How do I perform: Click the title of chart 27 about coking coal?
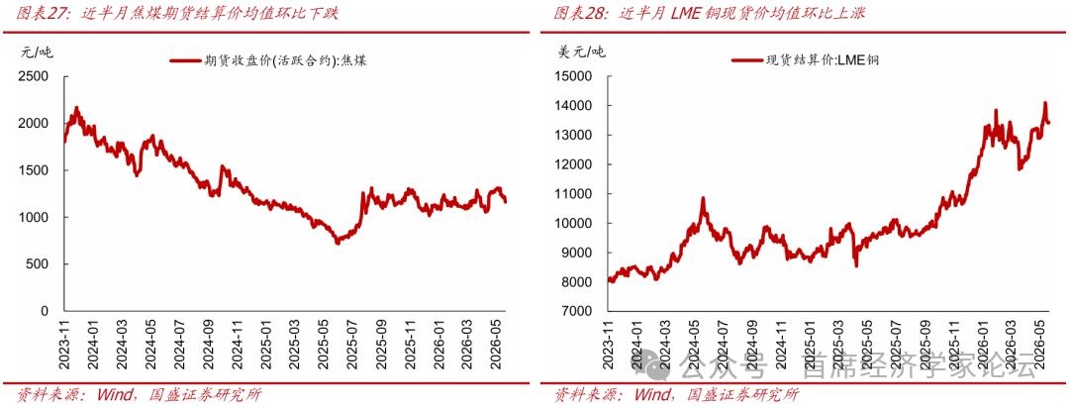coord(177,13)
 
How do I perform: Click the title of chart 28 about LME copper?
coord(709,13)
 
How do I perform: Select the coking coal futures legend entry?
coord(268,60)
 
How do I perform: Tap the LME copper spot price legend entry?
coord(805,60)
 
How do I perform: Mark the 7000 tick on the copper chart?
coord(575,311)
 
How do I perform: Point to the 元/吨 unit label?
coord(34,51)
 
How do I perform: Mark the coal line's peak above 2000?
coord(76,108)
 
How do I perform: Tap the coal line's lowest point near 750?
coord(337,243)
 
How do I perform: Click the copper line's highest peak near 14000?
coord(1045,103)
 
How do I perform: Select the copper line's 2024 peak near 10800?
coord(703,198)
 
